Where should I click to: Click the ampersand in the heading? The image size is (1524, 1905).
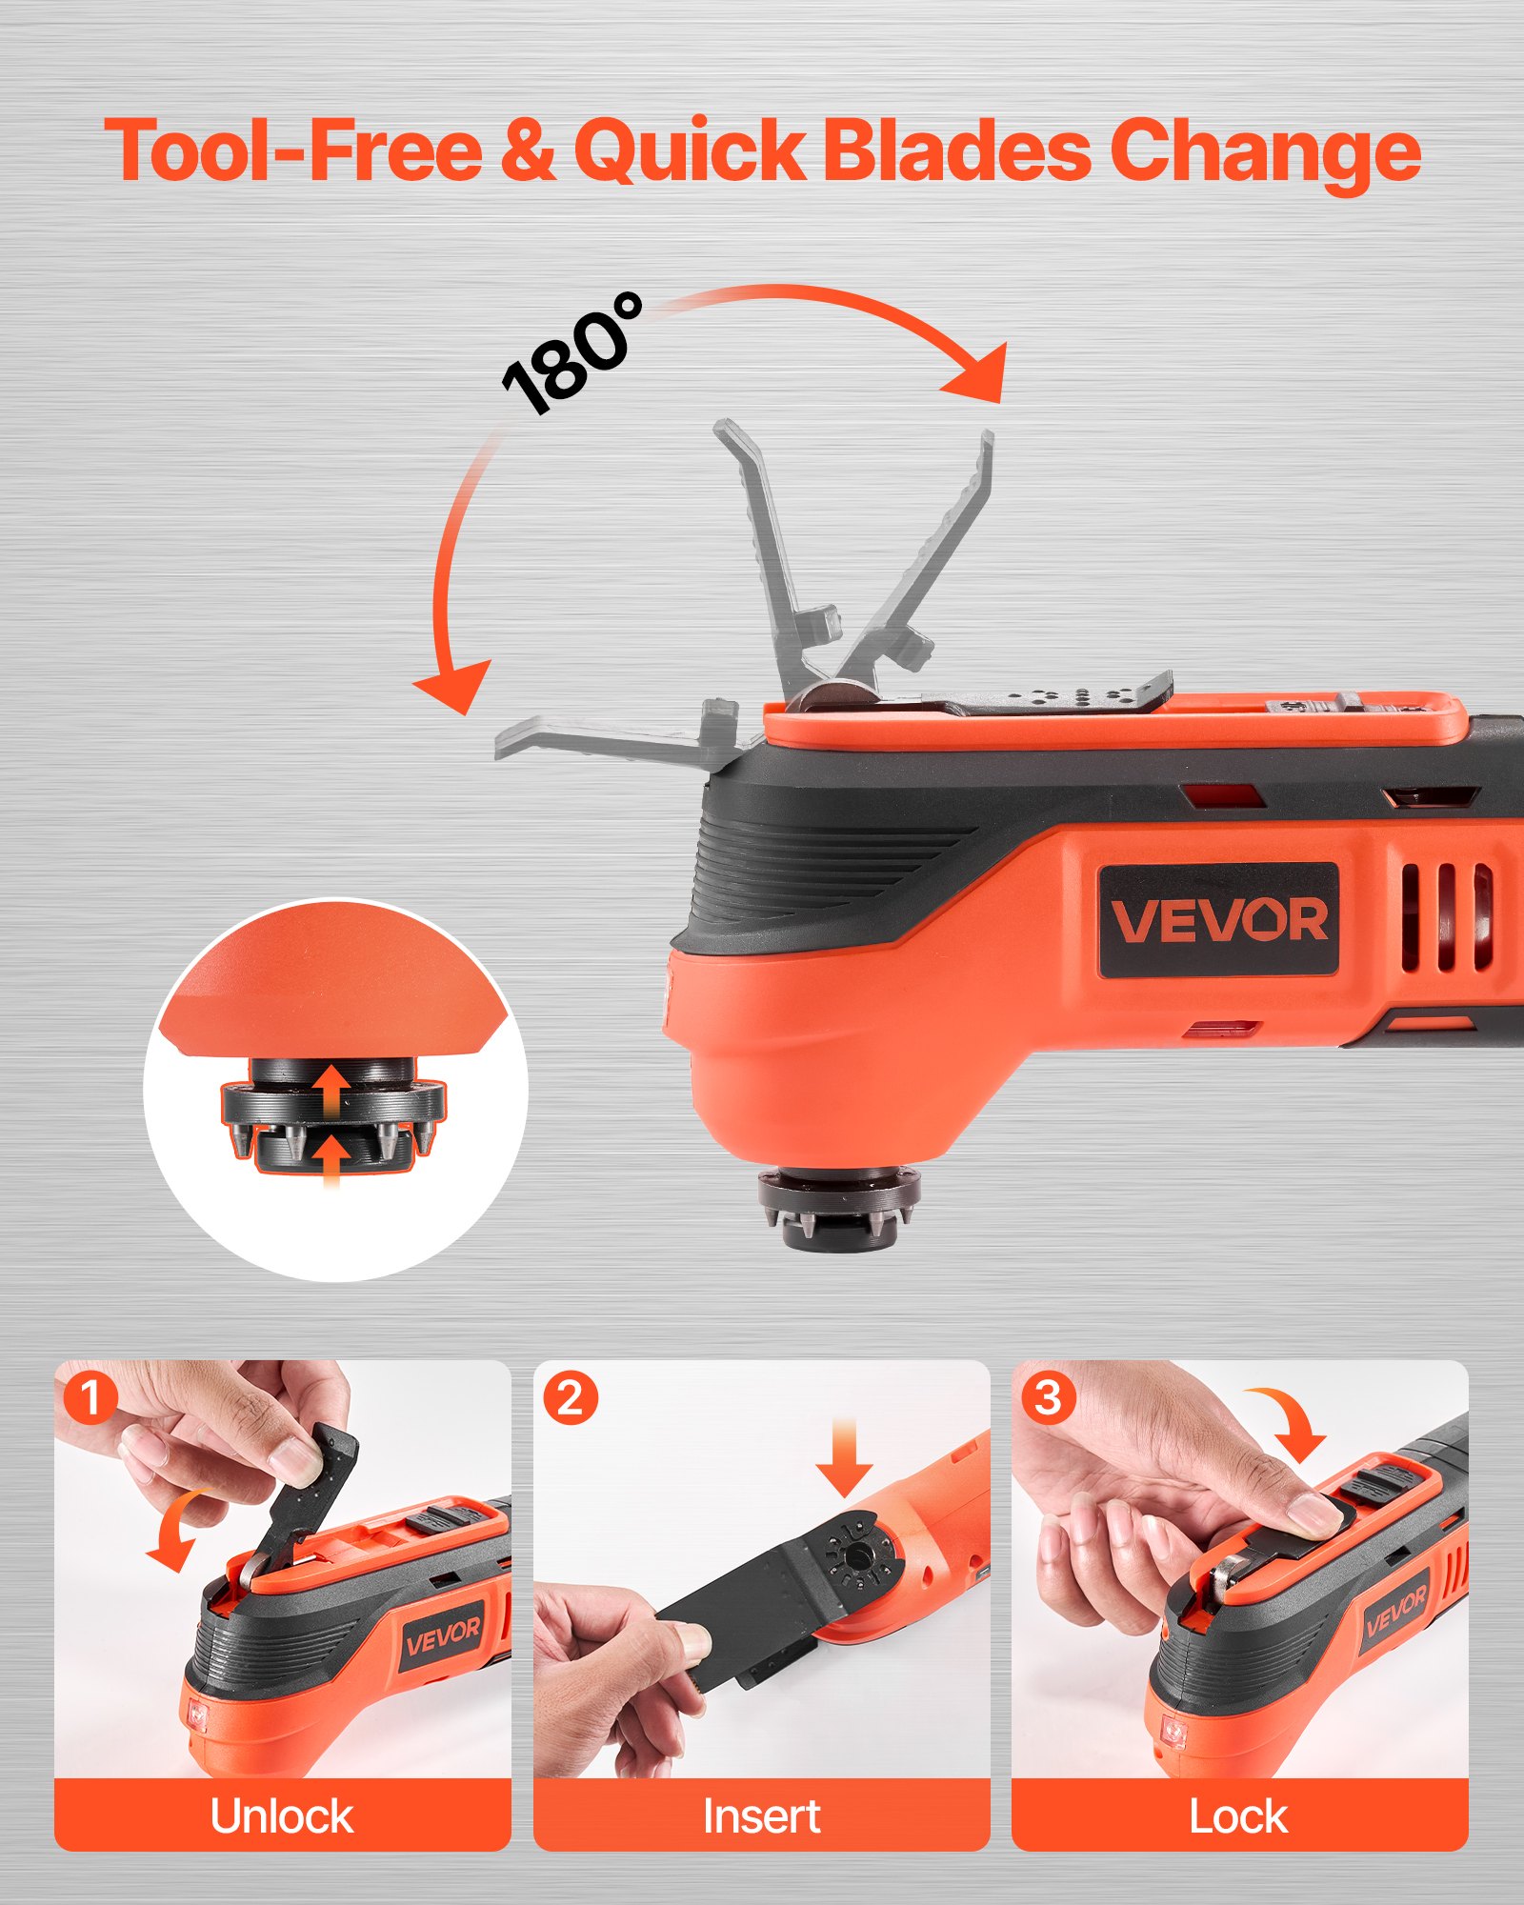(x=527, y=150)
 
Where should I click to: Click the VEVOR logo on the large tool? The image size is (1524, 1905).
(x=1219, y=920)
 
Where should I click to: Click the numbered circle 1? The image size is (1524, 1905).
(x=91, y=1398)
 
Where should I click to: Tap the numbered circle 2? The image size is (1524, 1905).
(x=571, y=1398)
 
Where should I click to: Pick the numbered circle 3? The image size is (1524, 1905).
(x=1049, y=1398)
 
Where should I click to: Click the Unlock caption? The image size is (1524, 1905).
(x=282, y=1816)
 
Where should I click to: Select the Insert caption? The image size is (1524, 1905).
(x=761, y=1816)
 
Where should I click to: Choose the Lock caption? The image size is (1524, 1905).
(x=1238, y=1816)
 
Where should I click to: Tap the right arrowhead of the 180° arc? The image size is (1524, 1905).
(x=981, y=376)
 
